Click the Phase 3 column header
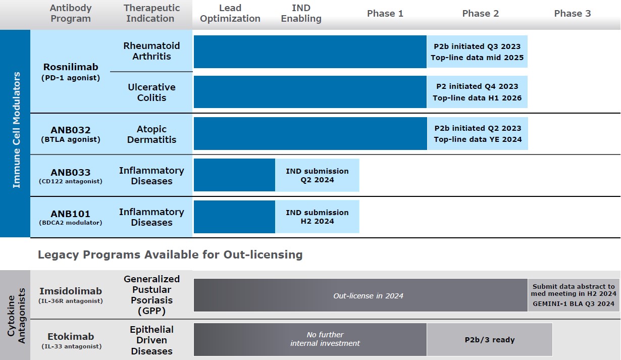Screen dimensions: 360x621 [x=572, y=14]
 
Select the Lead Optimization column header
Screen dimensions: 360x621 [x=230, y=14]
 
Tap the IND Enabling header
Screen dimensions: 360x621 [x=301, y=14]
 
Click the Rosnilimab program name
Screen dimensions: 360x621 [x=71, y=67]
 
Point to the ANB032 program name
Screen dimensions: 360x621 [x=71, y=129]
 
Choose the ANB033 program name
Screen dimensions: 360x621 [x=71, y=171]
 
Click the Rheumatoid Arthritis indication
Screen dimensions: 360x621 [x=151, y=51]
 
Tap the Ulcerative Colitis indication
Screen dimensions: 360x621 [x=151, y=92]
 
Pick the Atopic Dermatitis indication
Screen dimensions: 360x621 [x=151, y=134]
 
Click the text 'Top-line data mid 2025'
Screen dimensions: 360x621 [x=477, y=58]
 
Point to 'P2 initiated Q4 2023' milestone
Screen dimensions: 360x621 [x=477, y=87]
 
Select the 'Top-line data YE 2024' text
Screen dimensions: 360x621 [x=477, y=139]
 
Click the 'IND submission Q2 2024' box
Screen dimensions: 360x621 [x=317, y=175]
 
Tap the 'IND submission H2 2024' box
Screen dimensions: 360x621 [x=317, y=217]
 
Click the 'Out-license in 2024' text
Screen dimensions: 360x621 [x=368, y=296]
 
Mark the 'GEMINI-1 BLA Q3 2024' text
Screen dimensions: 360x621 [x=574, y=304]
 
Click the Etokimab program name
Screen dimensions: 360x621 [x=71, y=337]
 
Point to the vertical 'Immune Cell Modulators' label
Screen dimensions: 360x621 [x=17, y=130]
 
